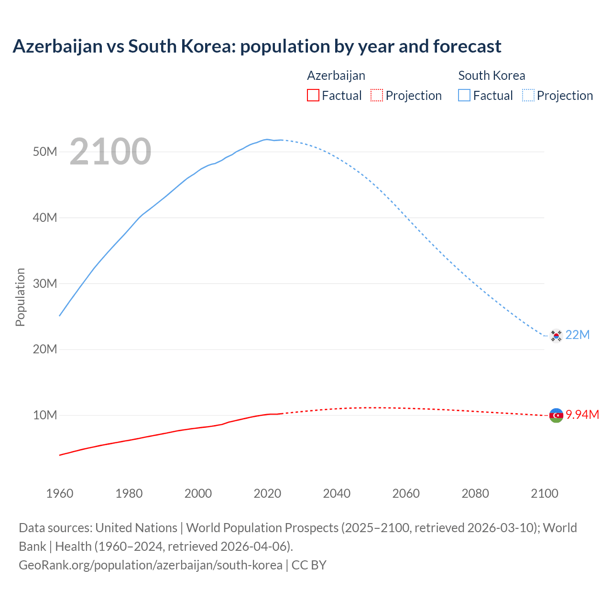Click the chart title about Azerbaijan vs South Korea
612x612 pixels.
pos(257,46)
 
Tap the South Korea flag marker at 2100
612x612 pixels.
pos(556,336)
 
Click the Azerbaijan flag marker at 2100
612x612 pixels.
pos(556,415)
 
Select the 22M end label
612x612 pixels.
pos(578,335)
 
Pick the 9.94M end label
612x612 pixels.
pos(582,415)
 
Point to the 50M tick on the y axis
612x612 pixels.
pos(45,152)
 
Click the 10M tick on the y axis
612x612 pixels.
pos(45,415)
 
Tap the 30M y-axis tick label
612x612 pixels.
pos(45,284)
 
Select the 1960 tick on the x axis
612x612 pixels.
pos(60,493)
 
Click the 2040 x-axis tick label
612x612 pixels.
pos(337,493)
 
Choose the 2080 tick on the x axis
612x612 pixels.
pos(475,493)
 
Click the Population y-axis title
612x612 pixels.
pos(20,297)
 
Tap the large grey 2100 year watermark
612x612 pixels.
pos(110,152)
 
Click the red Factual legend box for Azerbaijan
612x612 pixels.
pos(313,96)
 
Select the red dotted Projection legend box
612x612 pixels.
pos(377,96)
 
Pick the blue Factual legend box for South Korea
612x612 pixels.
pos(464,96)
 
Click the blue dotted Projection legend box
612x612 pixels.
pos(528,96)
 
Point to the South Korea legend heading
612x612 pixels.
pos(492,76)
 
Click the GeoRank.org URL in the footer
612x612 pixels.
pos(151,565)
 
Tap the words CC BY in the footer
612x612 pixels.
pos(309,565)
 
